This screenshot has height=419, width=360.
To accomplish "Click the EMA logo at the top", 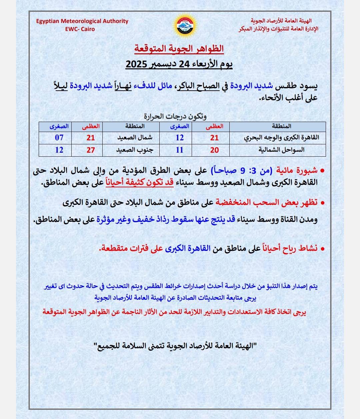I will click(x=184, y=26).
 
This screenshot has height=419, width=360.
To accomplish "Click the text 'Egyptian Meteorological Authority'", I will click(x=82, y=21).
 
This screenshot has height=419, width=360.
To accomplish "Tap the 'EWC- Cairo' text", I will click(x=80, y=29).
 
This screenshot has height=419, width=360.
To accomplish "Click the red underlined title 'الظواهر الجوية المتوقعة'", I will click(x=179, y=49).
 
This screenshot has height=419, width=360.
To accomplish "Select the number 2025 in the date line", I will click(x=139, y=64).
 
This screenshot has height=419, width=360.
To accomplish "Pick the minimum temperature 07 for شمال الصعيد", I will click(x=59, y=137).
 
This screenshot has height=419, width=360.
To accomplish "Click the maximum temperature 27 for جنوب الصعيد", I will click(x=91, y=150).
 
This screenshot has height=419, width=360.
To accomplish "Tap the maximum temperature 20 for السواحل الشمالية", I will click(x=214, y=150).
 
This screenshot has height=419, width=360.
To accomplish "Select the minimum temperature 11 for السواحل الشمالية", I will click(x=179, y=150).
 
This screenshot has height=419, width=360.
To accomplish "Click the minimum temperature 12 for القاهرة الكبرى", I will click(x=180, y=137).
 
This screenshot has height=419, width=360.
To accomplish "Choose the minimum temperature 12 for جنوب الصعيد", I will click(x=59, y=150).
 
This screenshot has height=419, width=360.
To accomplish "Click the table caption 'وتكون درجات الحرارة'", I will click(x=175, y=116).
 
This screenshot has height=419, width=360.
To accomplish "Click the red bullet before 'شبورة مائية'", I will click(x=322, y=171).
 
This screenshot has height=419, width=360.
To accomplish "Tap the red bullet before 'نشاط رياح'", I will click(x=322, y=248).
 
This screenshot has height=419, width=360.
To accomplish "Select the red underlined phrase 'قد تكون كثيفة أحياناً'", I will click(x=140, y=182).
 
